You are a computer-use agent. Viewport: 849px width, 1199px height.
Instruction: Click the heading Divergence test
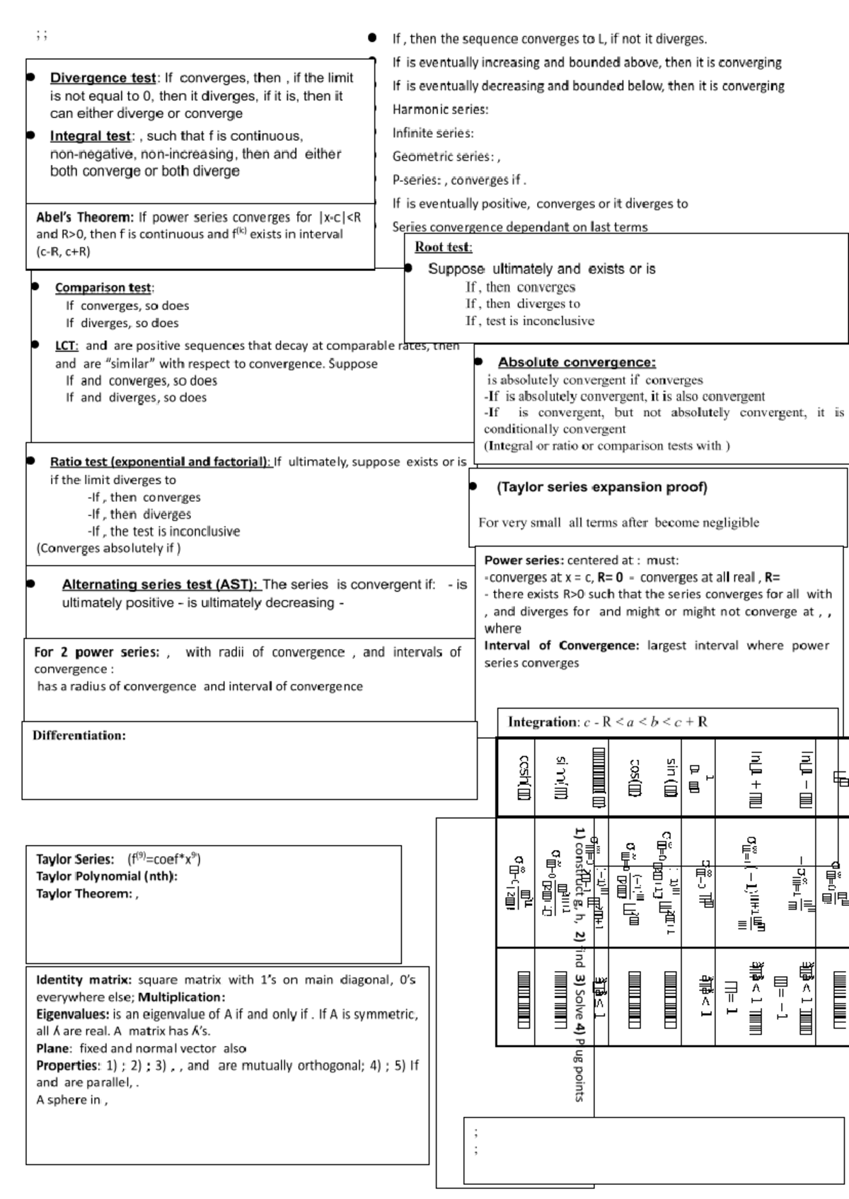(x=103, y=78)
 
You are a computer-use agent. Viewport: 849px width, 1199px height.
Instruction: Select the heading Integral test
(x=90, y=136)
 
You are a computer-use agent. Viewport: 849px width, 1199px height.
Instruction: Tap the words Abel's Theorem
(x=84, y=217)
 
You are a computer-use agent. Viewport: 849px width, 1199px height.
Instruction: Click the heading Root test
(x=443, y=247)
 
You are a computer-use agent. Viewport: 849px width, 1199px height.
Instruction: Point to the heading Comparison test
(x=103, y=287)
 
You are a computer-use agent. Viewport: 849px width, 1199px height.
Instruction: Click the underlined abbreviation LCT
(x=67, y=346)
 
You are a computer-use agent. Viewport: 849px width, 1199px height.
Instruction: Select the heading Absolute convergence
(x=577, y=362)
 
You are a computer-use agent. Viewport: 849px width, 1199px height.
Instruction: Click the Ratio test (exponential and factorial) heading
(x=160, y=462)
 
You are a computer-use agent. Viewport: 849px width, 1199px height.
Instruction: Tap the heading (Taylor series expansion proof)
(x=601, y=487)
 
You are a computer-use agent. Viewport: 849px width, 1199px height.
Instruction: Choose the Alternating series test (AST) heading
(x=161, y=585)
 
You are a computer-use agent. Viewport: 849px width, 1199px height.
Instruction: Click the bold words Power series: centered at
(x=524, y=560)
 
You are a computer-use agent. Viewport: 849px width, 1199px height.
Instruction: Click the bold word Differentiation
(x=79, y=735)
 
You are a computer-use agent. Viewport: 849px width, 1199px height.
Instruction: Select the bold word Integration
(x=543, y=722)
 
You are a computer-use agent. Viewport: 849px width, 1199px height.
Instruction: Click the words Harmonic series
(x=440, y=109)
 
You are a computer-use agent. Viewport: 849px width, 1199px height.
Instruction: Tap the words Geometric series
(x=443, y=156)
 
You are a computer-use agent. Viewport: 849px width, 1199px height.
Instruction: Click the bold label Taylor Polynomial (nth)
(x=107, y=876)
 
